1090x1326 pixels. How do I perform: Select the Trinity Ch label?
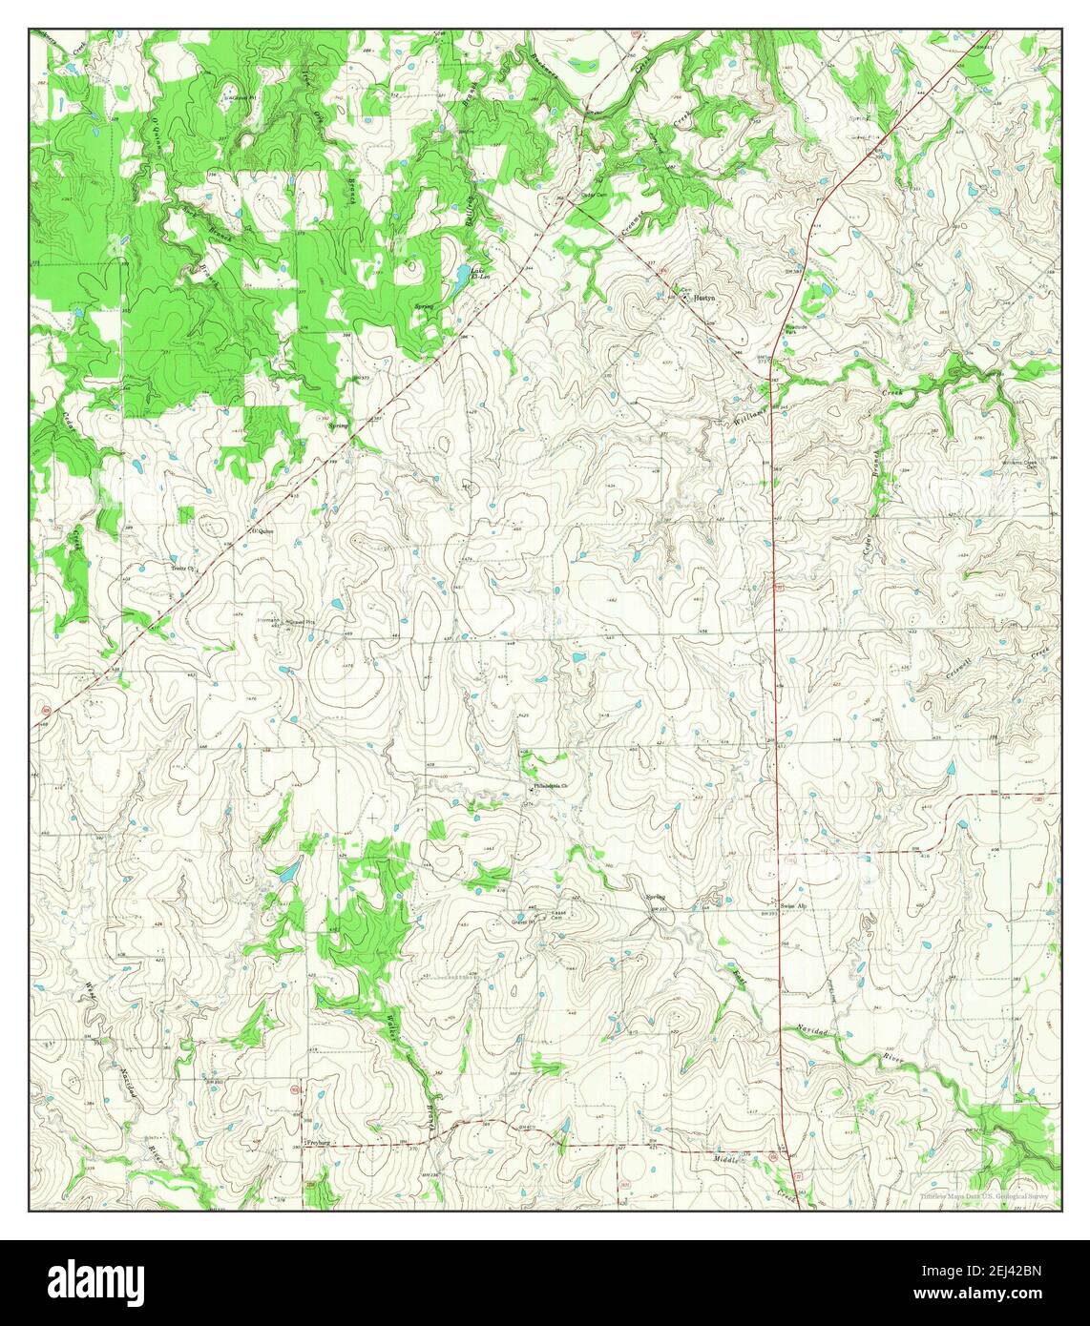point(182,569)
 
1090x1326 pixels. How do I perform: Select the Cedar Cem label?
point(595,197)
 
